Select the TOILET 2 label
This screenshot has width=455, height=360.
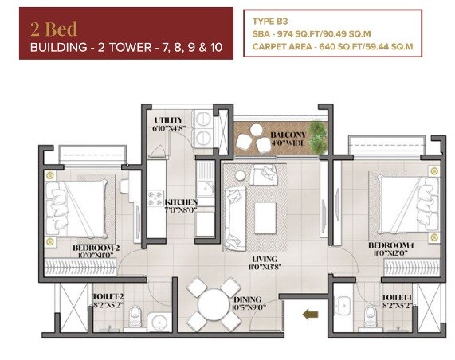(107, 300)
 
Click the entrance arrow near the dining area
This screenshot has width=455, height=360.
(310, 315)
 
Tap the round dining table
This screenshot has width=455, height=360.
(214, 304)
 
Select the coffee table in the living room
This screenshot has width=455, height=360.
(265, 213)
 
